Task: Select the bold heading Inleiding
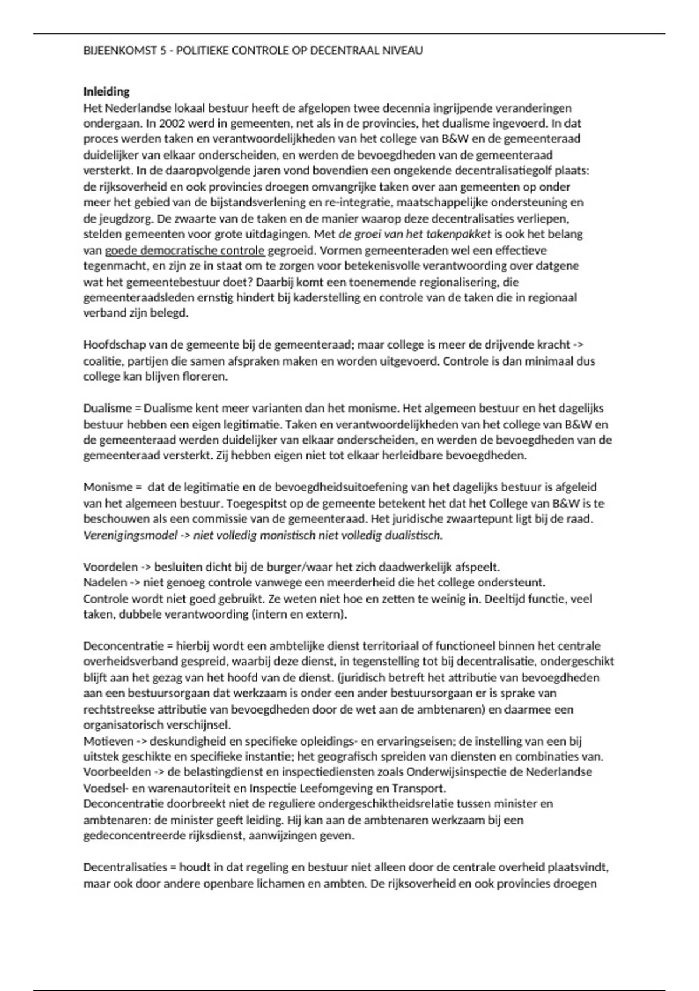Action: click(107, 92)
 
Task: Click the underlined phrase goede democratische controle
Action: click(185, 251)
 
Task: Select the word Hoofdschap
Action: click(112, 345)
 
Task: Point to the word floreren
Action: click(207, 377)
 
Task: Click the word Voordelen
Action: click(111, 567)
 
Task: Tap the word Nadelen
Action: click(105, 582)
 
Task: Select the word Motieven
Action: click(108, 742)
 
